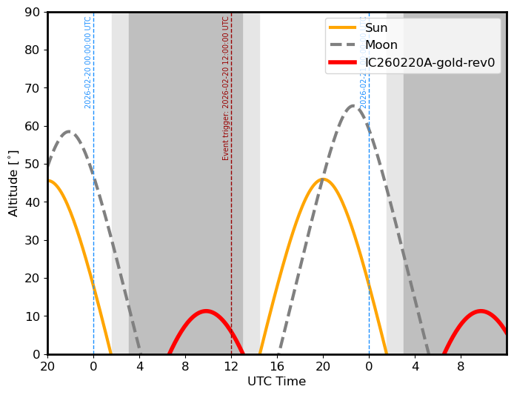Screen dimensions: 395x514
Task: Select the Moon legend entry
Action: [x=381, y=45]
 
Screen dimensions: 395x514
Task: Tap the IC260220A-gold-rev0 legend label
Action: [x=430, y=62]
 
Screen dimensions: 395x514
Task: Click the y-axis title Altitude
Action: [x=13, y=183]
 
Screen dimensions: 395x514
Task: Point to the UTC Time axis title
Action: [x=276, y=382]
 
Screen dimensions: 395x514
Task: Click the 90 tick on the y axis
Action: [x=33, y=13]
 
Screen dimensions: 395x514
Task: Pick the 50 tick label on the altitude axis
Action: [x=33, y=165]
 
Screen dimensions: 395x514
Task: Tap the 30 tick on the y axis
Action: [x=33, y=240]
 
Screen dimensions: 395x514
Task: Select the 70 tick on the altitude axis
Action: [x=33, y=88]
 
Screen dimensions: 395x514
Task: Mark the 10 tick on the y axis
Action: [x=33, y=316]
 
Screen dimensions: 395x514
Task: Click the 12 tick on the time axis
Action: [x=231, y=365]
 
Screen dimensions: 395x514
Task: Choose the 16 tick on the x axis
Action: [x=277, y=365]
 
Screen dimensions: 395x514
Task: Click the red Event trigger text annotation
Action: [x=226, y=88]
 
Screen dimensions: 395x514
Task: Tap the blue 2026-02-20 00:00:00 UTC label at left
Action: [x=88, y=62]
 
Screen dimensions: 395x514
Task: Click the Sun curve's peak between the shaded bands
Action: [x=322, y=179]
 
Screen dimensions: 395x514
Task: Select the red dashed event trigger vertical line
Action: [x=231, y=222]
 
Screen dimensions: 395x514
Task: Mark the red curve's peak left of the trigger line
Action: [x=205, y=311]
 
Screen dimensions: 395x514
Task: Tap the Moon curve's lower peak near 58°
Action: [x=69, y=132]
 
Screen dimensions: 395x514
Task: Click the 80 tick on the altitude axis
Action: [x=33, y=50]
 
